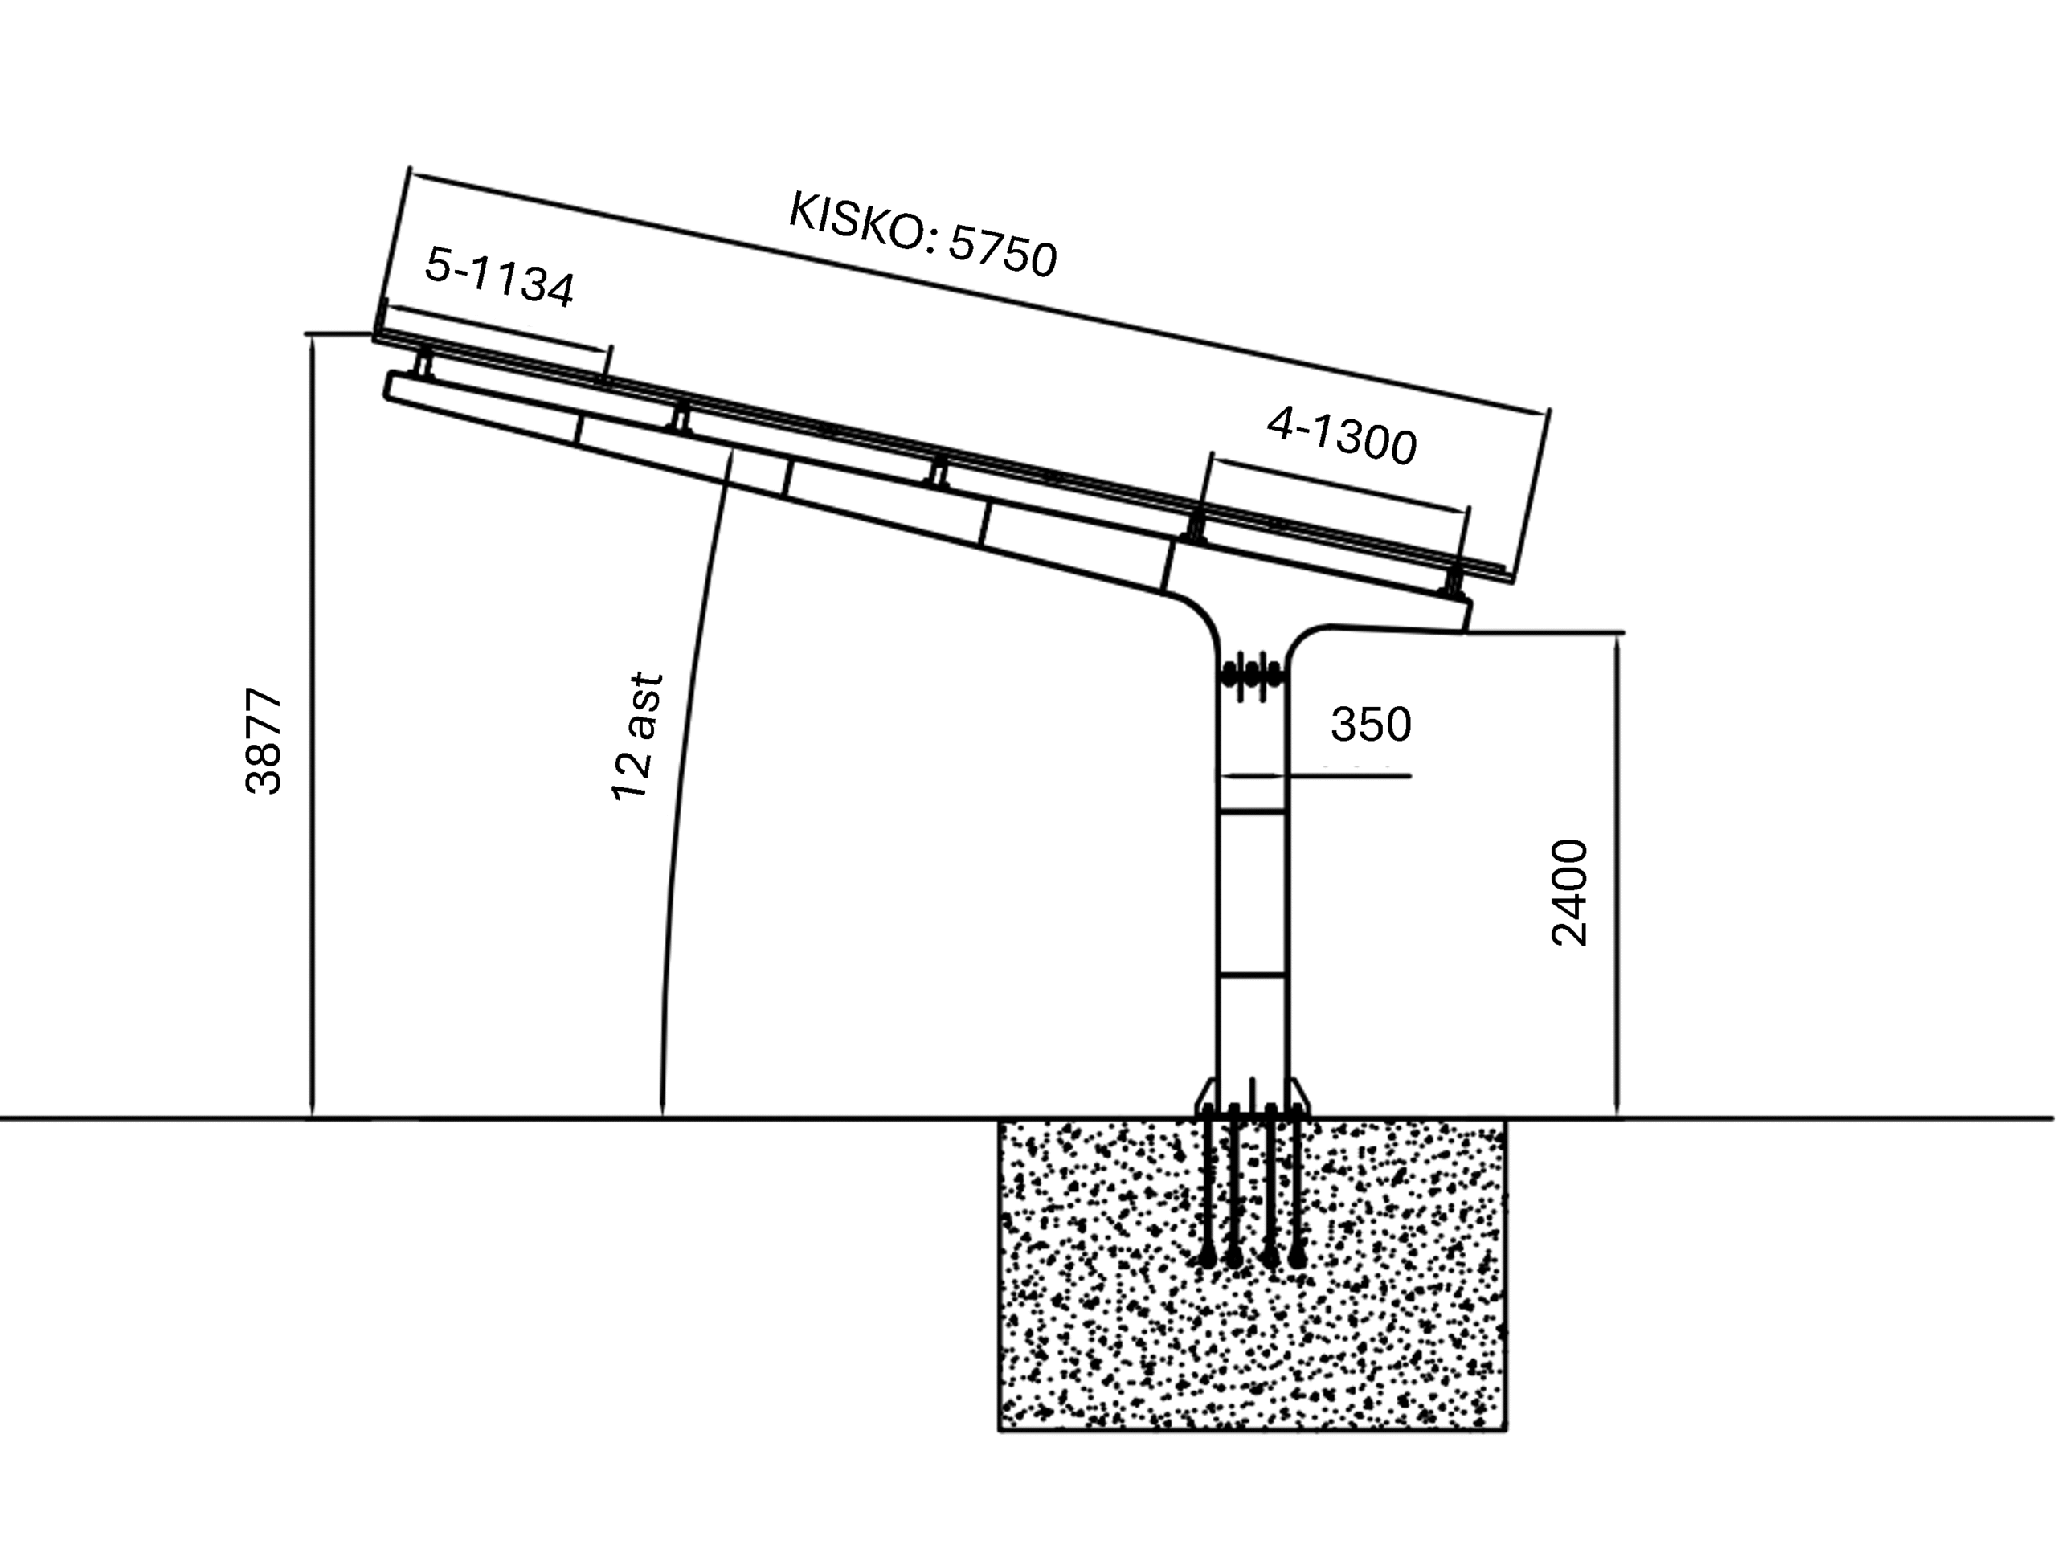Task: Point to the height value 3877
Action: coord(264,741)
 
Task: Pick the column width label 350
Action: coord(1371,724)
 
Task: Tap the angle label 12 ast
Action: coord(637,736)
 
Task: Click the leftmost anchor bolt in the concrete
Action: coord(1208,1187)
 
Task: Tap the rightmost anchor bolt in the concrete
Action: coord(1296,1187)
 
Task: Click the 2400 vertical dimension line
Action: coord(1617,875)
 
